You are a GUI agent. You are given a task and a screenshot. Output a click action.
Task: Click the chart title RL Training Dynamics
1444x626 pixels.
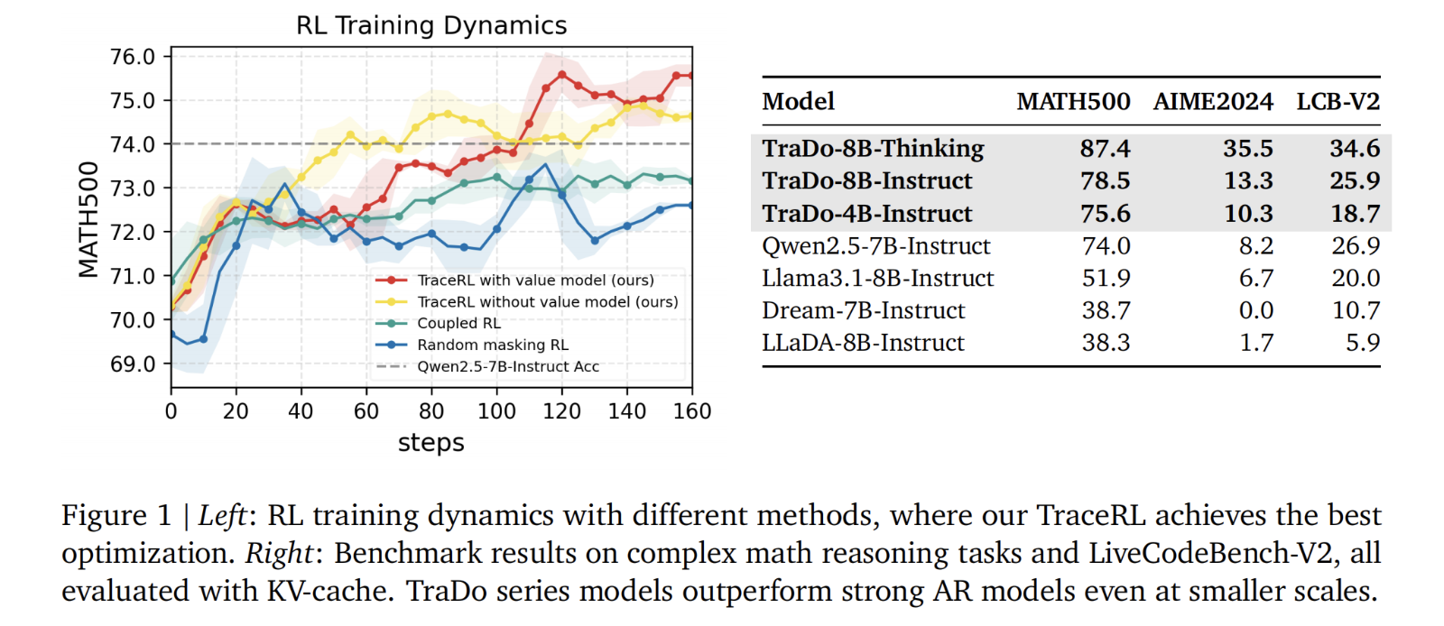pyautogui.click(x=431, y=25)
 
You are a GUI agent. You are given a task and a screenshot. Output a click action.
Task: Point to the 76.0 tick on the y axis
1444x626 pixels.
pyautogui.click(x=133, y=57)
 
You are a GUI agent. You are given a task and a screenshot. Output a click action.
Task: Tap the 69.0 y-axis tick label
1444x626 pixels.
pyautogui.click(x=133, y=364)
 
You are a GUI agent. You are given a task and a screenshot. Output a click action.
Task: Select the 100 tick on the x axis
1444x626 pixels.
pyautogui.click(x=496, y=411)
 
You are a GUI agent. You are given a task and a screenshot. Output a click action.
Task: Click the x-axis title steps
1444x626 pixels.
pyautogui.click(x=430, y=443)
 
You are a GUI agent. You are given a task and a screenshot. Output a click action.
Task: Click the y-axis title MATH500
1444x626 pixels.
pyautogui.click(x=88, y=219)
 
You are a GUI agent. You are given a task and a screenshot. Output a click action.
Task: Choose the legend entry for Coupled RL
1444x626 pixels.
pyautogui.click(x=458, y=323)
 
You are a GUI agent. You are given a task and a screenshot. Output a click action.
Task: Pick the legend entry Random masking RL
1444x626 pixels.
pyautogui.click(x=492, y=345)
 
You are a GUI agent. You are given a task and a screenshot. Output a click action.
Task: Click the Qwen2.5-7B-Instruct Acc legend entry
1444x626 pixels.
pyautogui.click(x=507, y=366)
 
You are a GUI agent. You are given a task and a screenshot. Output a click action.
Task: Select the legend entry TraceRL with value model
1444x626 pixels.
pyautogui.click(x=535, y=281)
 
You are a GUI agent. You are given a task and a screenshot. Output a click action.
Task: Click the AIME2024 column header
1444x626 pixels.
pyautogui.click(x=1213, y=102)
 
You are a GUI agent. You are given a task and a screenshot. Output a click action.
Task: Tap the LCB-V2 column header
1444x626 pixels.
pyautogui.click(x=1338, y=102)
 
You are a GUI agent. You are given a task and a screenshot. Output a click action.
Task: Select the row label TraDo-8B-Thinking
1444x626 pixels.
pyautogui.click(x=873, y=149)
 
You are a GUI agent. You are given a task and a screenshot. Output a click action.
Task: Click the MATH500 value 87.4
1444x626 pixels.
pyautogui.click(x=1105, y=149)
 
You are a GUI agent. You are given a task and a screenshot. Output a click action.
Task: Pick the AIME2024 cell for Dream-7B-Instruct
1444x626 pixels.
pyautogui.click(x=1255, y=311)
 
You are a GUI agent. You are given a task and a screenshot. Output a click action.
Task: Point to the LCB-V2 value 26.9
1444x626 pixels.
pyautogui.click(x=1356, y=246)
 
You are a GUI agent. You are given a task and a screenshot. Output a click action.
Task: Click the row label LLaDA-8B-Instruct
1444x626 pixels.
pyautogui.click(x=863, y=344)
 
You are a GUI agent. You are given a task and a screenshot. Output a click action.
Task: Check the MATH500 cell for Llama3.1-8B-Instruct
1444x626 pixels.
pyautogui.click(x=1106, y=279)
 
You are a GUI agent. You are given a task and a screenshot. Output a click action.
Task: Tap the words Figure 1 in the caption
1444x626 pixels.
pyautogui.click(x=116, y=516)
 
